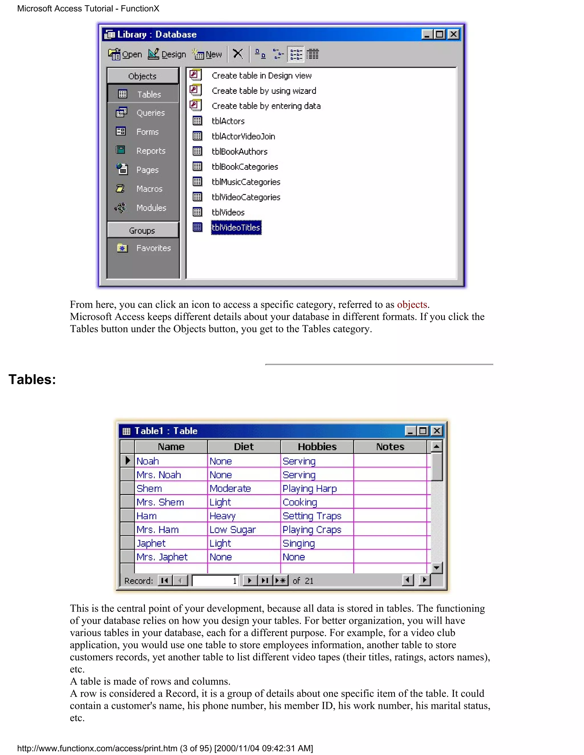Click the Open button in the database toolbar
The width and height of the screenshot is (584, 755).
[x=125, y=54]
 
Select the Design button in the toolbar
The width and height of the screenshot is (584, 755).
[x=167, y=54]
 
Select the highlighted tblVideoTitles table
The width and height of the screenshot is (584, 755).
[x=236, y=227]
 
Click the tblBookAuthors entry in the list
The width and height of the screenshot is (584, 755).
[x=240, y=151]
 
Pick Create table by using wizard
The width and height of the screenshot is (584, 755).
[x=264, y=91]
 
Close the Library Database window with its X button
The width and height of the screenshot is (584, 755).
[x=453, y=34]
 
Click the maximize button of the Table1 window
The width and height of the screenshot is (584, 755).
[x=423, y=431]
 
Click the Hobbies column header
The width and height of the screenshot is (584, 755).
[x=317, y=447]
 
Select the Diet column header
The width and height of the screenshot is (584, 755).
[x=244, y=447]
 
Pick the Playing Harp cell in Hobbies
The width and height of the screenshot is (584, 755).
[x=310, y=488]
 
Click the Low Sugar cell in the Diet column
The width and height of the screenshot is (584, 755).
[x=232, y=530]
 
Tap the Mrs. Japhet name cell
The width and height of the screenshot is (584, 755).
[x=162, y=557]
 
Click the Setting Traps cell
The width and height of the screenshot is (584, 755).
[x=312, y=516]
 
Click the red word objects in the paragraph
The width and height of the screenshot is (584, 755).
[x=412, y=305]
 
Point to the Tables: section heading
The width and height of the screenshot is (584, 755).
[x=32, y=379]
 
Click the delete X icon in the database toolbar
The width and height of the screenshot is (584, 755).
[x=238, y=54]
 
